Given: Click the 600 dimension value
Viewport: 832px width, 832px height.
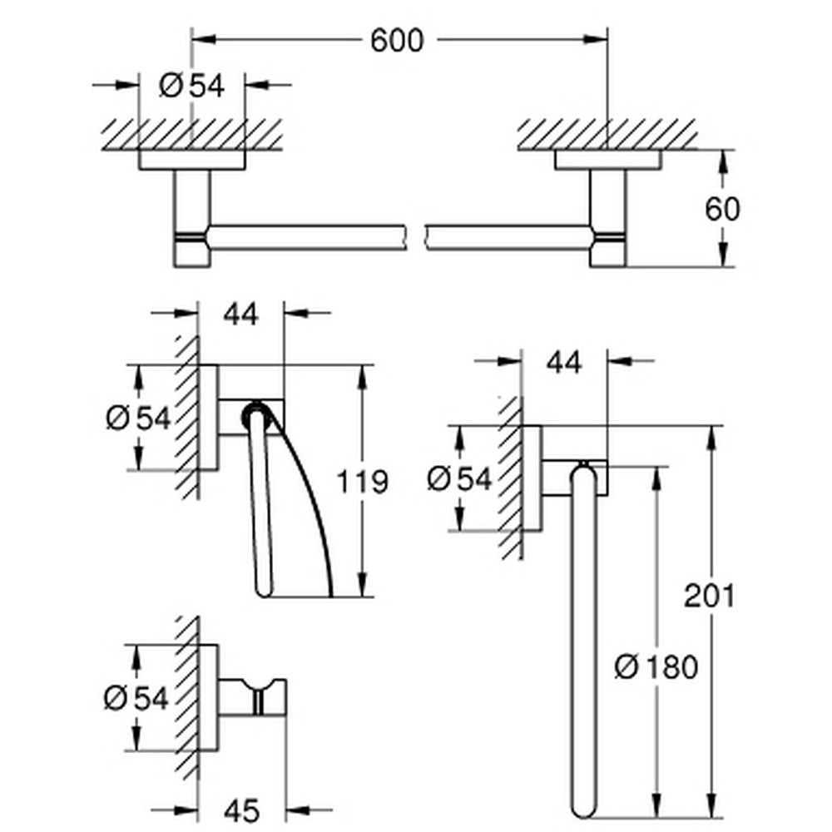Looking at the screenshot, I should (x=397, y=39).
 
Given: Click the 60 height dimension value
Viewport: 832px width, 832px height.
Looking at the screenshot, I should (x=721, y=208).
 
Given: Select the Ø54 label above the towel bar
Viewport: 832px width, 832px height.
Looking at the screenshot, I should (x=191, y=85).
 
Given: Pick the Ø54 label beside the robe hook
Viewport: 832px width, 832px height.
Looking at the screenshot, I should (x=136, y=697).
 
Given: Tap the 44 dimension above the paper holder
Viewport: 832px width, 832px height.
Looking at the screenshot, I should (x=240, y=314).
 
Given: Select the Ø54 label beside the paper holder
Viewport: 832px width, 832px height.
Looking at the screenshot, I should (x=136, y=418).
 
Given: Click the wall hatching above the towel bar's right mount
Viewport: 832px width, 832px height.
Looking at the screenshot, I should (x=607, y=133).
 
